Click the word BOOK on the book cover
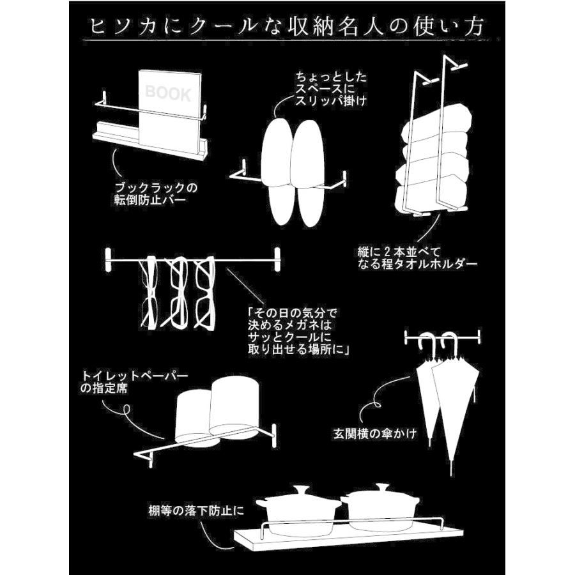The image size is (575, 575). [168, 94]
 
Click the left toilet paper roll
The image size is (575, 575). [192, 416]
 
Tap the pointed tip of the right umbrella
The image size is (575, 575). [451, 469]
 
